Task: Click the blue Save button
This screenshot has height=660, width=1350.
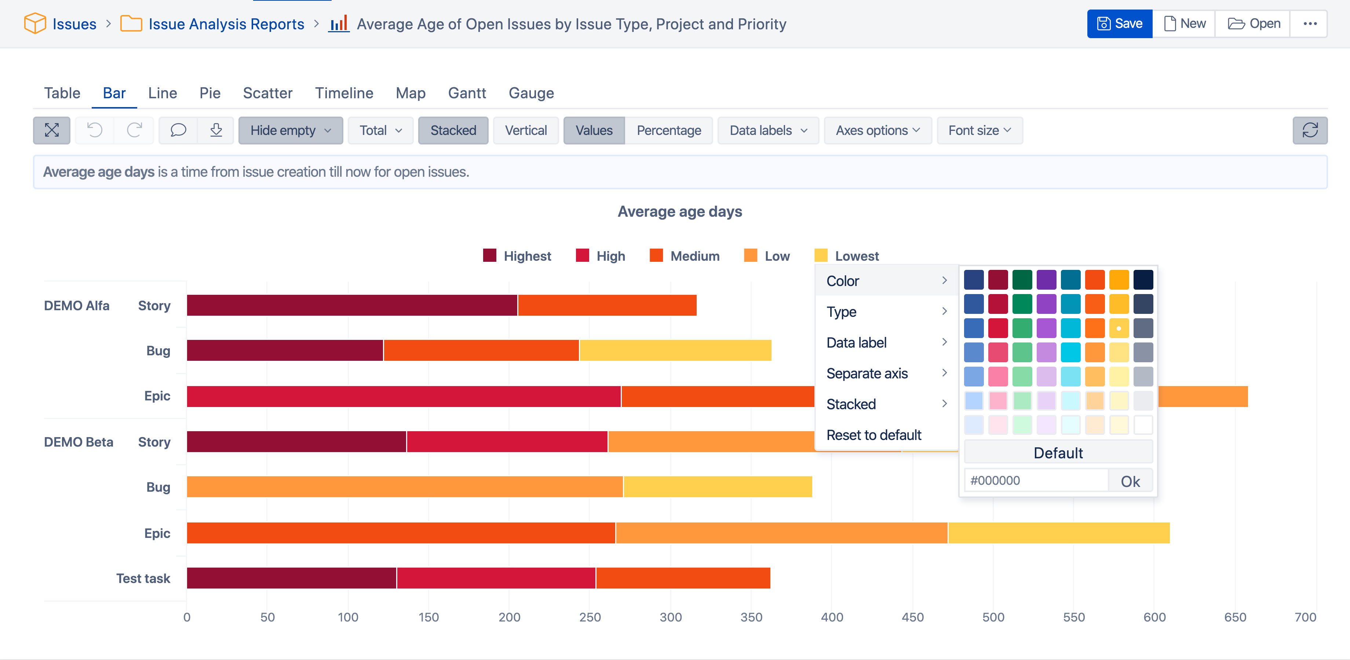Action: click(1119, 23)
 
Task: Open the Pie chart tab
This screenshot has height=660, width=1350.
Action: click(209, 93)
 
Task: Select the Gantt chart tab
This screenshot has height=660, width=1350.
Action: click(467, 93)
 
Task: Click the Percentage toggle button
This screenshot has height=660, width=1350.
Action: click(669, 131)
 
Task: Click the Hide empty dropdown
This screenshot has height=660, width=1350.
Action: click(290, 131)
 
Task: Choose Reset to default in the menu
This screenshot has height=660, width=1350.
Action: click(873, 435)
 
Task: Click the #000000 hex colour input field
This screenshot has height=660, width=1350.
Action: click(1036, 480)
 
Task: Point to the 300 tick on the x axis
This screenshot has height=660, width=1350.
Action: click(671, 617)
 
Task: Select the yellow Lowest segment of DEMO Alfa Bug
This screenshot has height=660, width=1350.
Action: click(675, 351)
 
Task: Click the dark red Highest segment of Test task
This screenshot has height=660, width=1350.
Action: click(291, 578)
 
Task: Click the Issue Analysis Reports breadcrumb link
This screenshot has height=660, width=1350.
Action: click(226, 24)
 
